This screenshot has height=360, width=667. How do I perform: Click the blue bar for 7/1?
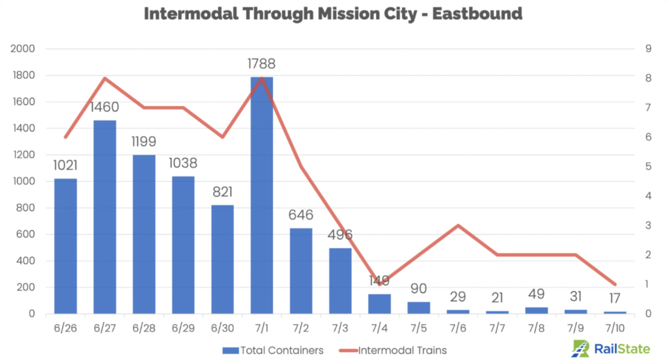coord(262,195)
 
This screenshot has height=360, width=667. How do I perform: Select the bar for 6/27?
coord(105,217)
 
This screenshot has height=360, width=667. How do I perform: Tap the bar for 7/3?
coord(340,281)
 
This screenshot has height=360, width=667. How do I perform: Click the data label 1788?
coord(261,64)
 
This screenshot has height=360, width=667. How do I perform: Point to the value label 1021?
coord(65,165)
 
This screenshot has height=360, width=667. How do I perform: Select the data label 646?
coord(301,215)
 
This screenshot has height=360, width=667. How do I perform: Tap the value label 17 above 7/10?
coord(615,300)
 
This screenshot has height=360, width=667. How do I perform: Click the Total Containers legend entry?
coord(273,350)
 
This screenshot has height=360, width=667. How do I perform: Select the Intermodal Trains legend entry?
coord(397,350)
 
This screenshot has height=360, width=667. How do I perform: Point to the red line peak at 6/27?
coord(105,78)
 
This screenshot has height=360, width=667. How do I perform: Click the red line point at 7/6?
coord(458,225)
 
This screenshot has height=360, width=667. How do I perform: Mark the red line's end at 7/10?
coord(615,284)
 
